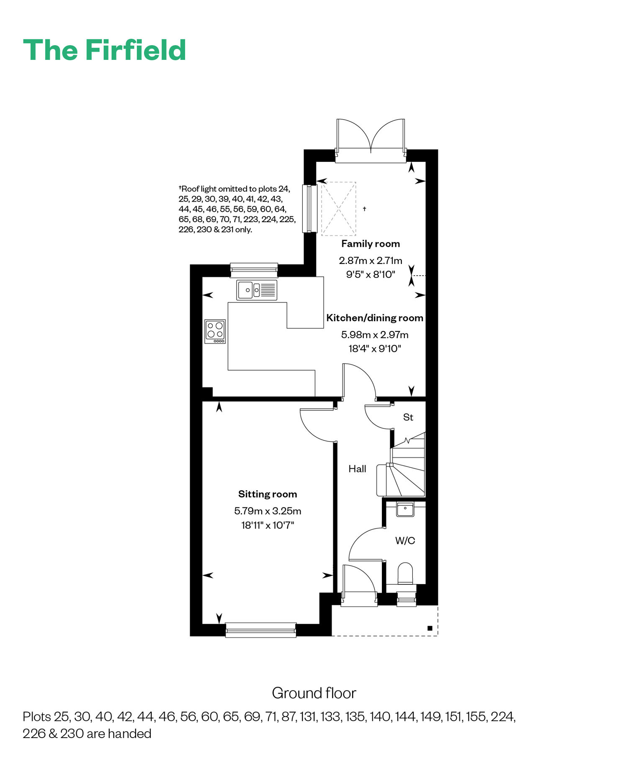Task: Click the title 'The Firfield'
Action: pos(105,50)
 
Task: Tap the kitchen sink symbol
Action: pos(257,290)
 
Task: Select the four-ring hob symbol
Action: pos(215,332)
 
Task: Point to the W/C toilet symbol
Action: pos(405,574)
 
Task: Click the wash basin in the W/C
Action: pos(405,509)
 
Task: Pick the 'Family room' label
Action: pos(371,244)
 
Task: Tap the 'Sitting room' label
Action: pos(268,495)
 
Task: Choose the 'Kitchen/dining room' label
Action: pos(375,318)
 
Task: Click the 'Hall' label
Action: pos(357,469)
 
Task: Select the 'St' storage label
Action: pos(408,417)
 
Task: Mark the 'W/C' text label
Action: pos(405,541)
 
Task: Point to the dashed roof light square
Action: pos(339,208)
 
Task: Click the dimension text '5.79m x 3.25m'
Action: pos(268,511)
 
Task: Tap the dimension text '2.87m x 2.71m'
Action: pos(371,261)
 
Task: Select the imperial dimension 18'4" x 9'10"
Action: pos(375,348)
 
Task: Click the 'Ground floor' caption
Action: pos(314,693)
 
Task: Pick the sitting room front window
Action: pos(261,630)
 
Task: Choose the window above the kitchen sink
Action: pos(254,270)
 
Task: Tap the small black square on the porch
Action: pos(430,628)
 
